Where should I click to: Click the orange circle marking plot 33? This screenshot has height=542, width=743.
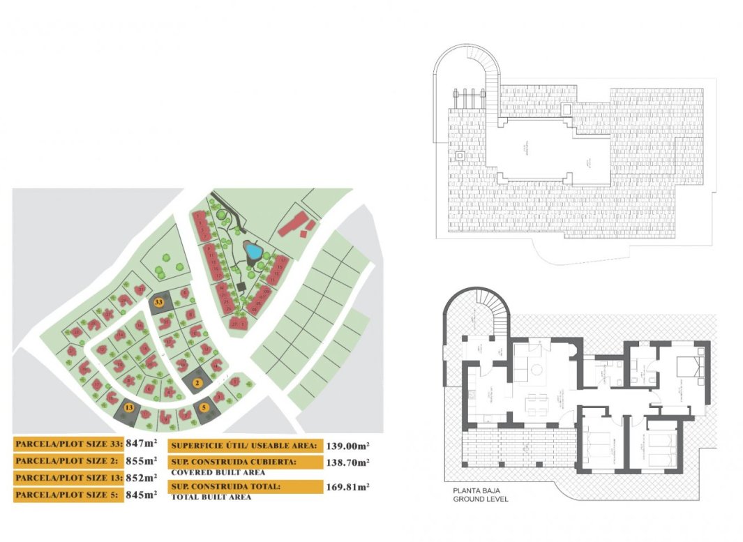pyautogui.click(x=159, y=302)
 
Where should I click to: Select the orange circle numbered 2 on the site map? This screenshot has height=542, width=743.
pyautogui.click(x=197, y=382)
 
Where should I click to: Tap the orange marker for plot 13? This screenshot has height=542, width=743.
pyautogui.click(x=128, y=407)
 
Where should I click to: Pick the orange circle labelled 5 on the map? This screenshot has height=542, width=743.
pyautogui.click(x=204, y=407)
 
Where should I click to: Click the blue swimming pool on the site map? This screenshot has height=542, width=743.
pyautogui.click(x=252, y=251)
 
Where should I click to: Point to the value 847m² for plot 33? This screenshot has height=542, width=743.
pyautogui.click(x=142, y=443)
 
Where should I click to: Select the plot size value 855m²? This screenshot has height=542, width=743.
pyautogui.click(x=142, y=460)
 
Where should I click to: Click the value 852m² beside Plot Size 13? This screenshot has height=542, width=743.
pyautogui.click(x=142, y=478)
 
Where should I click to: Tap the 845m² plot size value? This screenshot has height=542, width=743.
pyautogui.click(x=142, y=495)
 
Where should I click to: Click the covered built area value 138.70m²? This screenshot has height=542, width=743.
pyautogui.click(x=347, y=462)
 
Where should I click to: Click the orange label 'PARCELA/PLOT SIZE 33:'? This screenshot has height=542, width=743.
pyautogui.click(x=68, y=443)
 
